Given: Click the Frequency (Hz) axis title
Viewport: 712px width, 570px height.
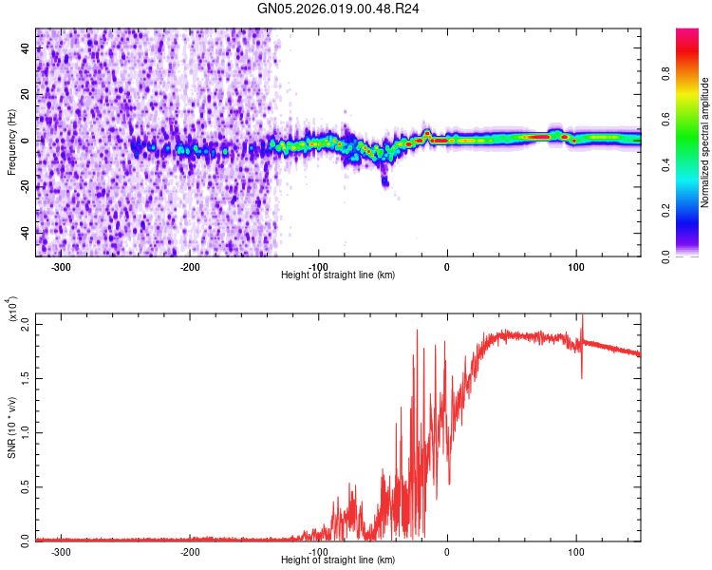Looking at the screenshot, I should tap(11, 142).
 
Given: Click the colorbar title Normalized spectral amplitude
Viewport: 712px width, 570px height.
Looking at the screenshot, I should tap(705, 142).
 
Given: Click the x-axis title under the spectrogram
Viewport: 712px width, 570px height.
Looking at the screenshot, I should tap(339, 275).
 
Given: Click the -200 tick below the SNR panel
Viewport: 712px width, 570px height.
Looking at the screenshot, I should tap(189, 552).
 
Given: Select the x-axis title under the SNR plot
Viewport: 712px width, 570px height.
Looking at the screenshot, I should tap(339, 560).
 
